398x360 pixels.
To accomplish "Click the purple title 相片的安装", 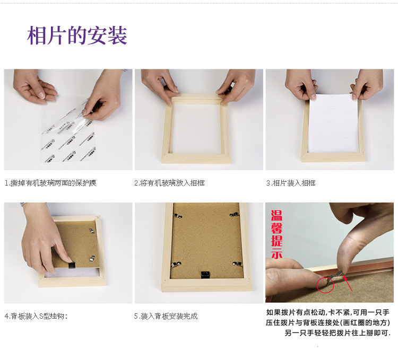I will [x=77, y=36].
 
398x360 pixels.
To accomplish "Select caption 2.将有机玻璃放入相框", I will [x=169, y=183].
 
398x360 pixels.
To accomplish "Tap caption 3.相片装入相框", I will [x=291, y=183].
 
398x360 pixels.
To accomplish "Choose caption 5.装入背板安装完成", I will [x=166, y=316].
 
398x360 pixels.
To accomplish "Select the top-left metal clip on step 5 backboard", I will [x=179, y=215].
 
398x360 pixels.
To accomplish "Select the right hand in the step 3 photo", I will [x=367, y=84].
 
